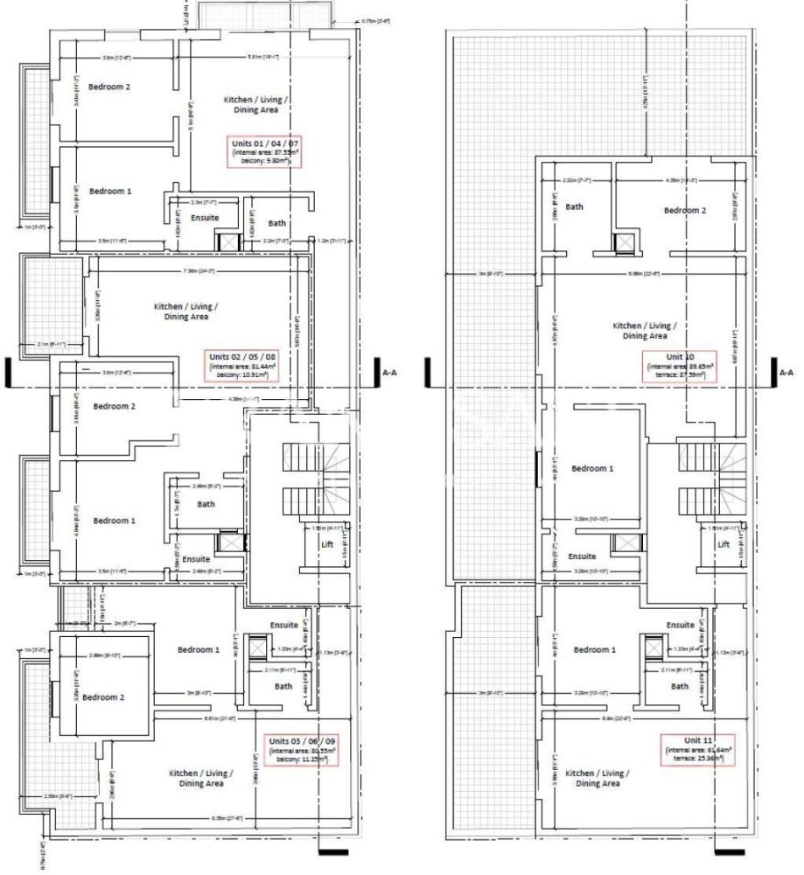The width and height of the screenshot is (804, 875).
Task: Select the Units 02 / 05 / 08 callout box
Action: coord(241,365)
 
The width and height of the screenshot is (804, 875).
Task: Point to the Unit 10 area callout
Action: coord(679,366)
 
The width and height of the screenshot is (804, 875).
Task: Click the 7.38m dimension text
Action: coord(196,271)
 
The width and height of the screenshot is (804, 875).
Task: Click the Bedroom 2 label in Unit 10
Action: coord(682,211)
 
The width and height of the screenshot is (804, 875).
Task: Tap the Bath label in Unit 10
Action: coord(574,206)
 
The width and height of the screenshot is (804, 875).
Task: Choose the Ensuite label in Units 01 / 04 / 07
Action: coord(205,217)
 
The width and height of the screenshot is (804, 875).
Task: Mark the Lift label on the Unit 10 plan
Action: coord(724,544)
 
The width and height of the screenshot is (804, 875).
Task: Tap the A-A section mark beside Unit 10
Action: coord(786,372)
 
